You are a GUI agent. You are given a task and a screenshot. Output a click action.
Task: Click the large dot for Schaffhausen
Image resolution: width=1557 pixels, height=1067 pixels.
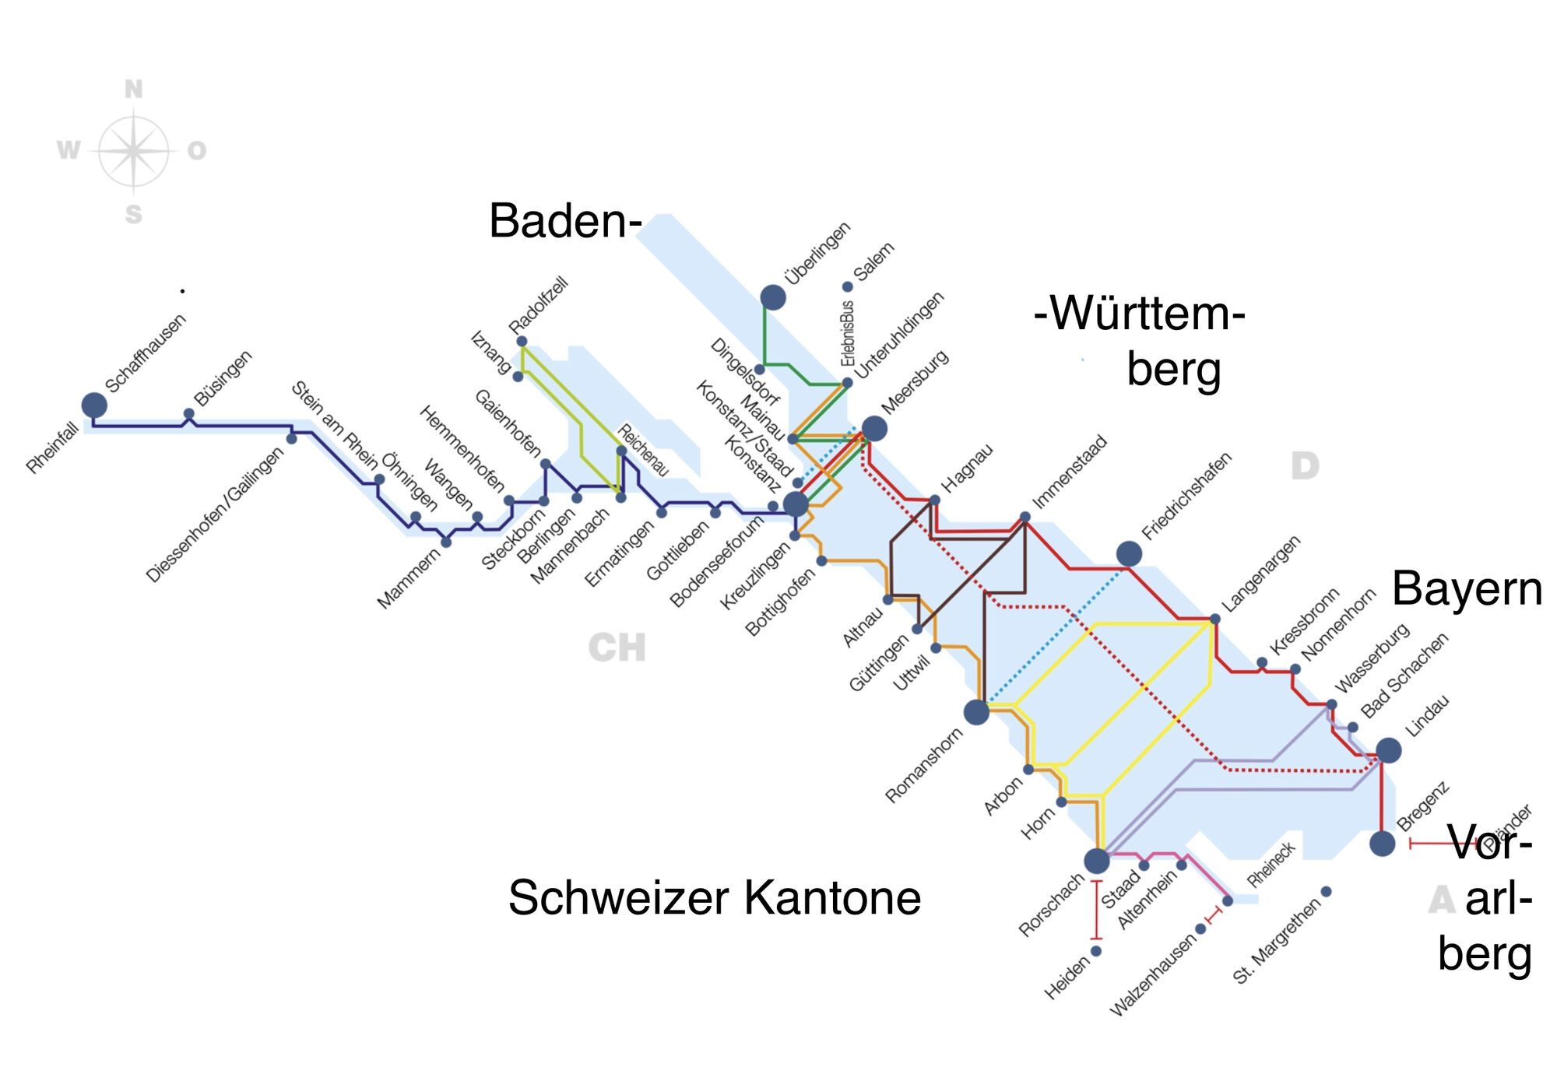click(94, 405)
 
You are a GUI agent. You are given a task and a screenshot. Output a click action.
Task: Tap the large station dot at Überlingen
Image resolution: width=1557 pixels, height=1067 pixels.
click(773, 297)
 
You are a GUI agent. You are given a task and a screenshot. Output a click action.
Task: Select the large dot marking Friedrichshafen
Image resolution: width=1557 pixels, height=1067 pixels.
click(1129, 554)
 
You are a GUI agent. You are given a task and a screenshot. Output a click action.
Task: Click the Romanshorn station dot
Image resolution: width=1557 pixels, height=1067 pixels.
click(976, 711)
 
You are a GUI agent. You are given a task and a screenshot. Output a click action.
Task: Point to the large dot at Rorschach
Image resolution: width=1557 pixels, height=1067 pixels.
click(1097, 861)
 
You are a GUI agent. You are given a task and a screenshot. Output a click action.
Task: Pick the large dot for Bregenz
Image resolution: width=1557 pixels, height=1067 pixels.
click(1383, 843)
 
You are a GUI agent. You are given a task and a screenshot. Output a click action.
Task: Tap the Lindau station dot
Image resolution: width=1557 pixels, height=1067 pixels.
click(1389, 750)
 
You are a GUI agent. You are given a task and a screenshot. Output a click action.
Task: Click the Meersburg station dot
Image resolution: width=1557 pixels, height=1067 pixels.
click(874, 428)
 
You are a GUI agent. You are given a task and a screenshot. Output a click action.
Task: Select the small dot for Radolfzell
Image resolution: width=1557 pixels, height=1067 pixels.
click(522, 342)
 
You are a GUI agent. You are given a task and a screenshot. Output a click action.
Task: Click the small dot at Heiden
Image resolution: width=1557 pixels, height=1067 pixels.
click(1096, 951)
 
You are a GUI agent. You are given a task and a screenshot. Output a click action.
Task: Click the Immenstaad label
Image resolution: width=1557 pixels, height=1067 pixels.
click(1070, 472)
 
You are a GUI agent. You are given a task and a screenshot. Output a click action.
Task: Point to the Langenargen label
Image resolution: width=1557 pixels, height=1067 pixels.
click(1261, 574)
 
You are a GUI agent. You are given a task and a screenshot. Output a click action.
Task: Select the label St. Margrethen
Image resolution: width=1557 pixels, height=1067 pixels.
click(1277, 942)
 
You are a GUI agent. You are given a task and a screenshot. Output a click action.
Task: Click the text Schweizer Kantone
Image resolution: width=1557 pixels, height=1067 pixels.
click(715, 897)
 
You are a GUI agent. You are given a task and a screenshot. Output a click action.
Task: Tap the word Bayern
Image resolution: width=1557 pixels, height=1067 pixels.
click(1467, 588)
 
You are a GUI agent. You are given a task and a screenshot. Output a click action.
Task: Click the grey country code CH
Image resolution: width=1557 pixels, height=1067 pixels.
click(617, 648)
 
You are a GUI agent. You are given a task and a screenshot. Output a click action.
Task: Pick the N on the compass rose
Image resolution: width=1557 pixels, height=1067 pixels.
click(134, 90)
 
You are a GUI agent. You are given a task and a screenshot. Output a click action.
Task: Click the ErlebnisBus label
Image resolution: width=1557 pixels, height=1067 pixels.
click(848, 333)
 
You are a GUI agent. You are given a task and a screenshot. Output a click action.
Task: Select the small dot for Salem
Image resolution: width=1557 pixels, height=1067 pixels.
click(848, 287)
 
